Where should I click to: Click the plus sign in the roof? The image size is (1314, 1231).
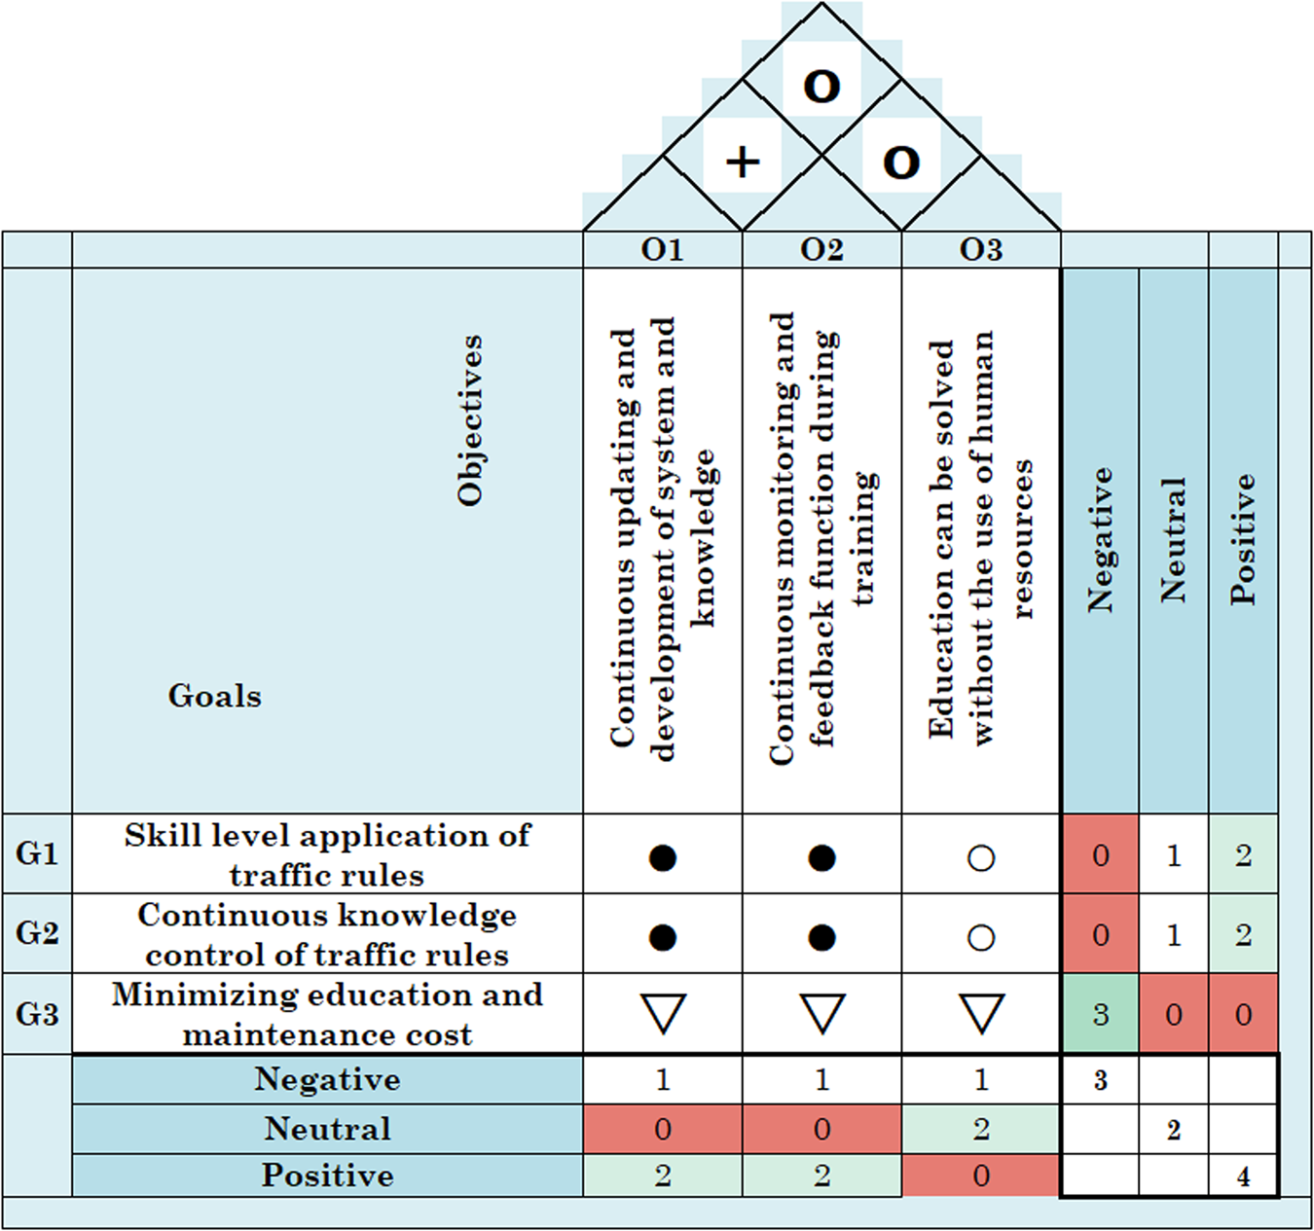click(743, 162)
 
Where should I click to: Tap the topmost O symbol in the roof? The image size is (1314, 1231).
click(821, 87)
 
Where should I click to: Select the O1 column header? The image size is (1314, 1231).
click(662, 250)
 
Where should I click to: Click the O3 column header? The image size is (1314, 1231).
click(980, 250)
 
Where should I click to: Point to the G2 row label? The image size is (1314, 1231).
click(37, 933)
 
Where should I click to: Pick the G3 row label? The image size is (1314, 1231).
click(37, 1014)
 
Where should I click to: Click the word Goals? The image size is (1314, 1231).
click(214, 696)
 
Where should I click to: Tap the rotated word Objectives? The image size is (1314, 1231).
click(470, 420)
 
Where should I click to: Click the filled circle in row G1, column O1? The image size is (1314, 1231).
click(662, 857)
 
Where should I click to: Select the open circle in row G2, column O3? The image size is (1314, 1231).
click(980, 937)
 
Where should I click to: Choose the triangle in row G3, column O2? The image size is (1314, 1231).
click(821, 1013)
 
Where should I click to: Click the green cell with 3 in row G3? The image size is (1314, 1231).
click(1100, 1015)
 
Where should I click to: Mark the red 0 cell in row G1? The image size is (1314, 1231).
click(1100, 855)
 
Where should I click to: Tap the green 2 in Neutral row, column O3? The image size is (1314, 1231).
click(980, 1129)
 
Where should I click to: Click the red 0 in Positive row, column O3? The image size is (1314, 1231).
click(980, 1176)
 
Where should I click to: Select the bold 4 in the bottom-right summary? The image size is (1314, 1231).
click(1243, 1177)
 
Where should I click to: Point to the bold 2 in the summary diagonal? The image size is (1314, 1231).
click(1173, 1130)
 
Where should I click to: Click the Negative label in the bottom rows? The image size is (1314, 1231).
click(327, 1079)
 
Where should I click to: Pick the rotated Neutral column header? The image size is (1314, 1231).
click(1173, 540)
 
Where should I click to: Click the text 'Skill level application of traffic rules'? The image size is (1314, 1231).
click(327, 854)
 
